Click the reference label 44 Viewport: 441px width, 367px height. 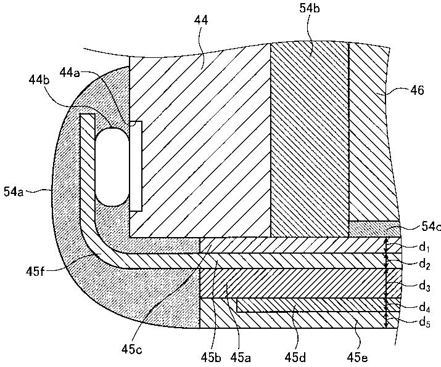point(201,20)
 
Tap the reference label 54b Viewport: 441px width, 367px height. point(310,9)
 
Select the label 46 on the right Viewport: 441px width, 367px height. point(417,91)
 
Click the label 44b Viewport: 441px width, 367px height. point(39,80)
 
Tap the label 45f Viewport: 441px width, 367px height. point(35,272)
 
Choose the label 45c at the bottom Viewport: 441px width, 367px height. point(132,349)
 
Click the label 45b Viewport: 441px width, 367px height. point(211,357)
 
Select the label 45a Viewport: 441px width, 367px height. point(241,357)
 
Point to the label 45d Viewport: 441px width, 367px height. point(295,357)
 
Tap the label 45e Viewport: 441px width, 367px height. point(358,357)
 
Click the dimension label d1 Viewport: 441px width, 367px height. point(424,248)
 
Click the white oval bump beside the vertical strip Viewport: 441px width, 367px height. point(112,167)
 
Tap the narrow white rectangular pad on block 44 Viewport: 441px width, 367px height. point(136,166)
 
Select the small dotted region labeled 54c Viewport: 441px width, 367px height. point(374,229)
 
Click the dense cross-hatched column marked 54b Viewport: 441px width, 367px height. point(310,140)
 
